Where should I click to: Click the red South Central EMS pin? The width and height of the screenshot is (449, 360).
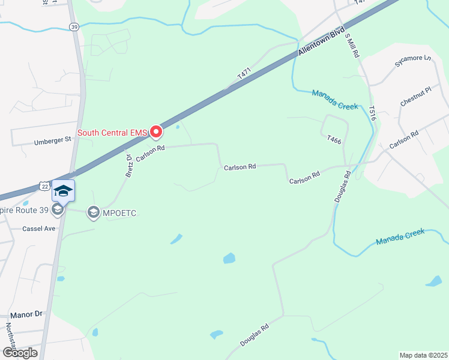[156, 131]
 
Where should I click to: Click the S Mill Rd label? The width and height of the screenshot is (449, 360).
[353, 46]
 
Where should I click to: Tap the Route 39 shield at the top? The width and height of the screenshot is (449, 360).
[74, 27]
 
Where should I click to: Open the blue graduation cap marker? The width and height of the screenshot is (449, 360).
[63, 191]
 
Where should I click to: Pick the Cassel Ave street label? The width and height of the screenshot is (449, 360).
[38, 229]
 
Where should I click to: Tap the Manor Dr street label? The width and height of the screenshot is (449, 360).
[27, 314]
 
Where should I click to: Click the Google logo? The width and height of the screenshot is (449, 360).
[20, 352]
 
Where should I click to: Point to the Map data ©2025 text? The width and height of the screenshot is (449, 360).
[423, 355]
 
